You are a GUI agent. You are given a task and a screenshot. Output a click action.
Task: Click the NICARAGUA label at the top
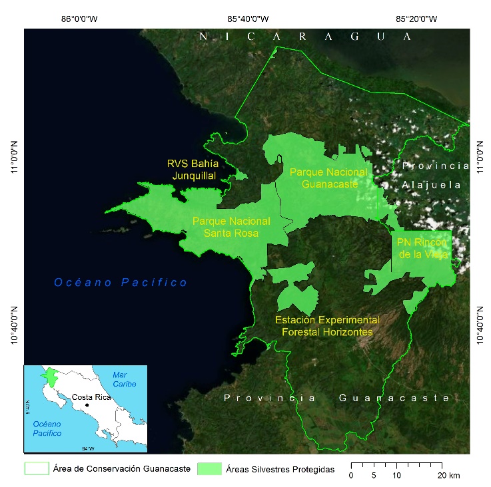[x=306, y=37]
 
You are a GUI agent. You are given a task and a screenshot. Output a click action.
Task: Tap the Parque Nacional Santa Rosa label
[x=231, y=227]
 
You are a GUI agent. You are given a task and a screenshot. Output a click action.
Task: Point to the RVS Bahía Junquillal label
[x=192, y=170]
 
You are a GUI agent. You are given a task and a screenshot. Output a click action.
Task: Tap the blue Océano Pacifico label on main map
[x=121, y=283]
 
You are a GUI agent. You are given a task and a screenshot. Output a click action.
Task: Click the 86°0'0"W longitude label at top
[x=79, y=19]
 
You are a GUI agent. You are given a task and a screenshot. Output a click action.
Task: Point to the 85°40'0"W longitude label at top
[x=248, y=19]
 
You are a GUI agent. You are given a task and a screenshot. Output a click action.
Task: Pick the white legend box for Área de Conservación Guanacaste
[x=36, y=470]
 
